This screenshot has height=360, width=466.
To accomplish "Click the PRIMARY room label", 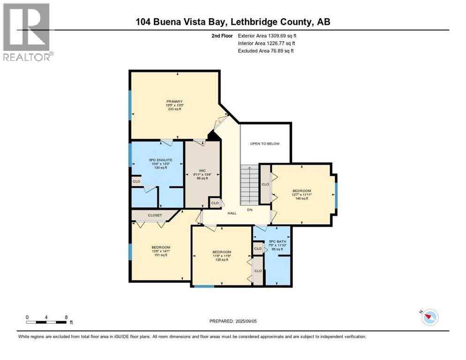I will pyautogui.click(x=174, y=102).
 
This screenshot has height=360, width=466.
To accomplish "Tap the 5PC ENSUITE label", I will pyautogui.click(x=161, y=160).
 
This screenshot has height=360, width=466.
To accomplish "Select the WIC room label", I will pyautogui.click(x=202, y=170).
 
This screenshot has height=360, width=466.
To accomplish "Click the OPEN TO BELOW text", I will pyautogui.click(x=265, y=143).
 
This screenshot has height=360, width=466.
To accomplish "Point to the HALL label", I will pyautogui.click(x=232, y=213).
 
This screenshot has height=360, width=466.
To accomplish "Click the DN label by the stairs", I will pyautogui.click(x=250, y=210).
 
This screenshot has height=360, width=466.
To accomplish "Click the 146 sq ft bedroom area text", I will pyautogui.click(x=301, y=198).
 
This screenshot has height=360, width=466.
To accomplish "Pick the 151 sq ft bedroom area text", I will pyautogui.click(x=160, y=255).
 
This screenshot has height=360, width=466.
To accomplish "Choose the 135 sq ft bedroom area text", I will pyautogui.click(x=221, y=260).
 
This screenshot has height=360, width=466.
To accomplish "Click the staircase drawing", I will pyautogui.click(x=249, y=185).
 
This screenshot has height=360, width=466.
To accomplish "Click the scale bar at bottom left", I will pyautogui.click(x=47, y=322).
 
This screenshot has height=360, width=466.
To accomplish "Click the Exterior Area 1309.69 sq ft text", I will pyautogui.click(x=267, y=36).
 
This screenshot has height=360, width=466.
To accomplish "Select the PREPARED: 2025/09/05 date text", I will pyautogui.click(x=233, y=321).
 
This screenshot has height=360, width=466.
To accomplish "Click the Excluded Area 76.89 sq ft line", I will pyautogui.click(x=266, y=51).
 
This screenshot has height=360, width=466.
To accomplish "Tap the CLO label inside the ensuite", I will pyautogui.click(x=136, y=181).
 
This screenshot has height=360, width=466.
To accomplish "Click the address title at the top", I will pyautogui.click(x=233, y=22).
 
